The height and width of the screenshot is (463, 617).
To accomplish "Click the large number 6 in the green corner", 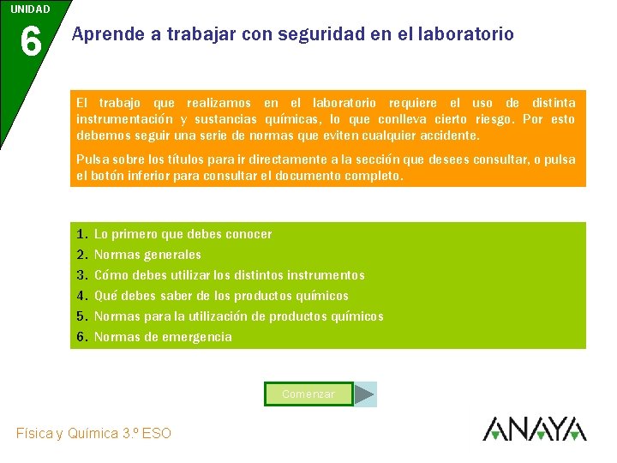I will click(30, 41).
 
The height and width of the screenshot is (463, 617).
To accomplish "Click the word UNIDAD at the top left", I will click(30, 9).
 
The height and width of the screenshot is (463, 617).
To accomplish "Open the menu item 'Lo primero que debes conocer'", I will click(183, 234).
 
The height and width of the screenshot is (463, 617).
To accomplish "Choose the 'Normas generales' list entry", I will click(147, 255).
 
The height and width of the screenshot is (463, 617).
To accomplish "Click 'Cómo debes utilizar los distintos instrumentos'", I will click(229, 275).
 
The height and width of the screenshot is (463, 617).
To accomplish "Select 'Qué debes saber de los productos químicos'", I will click(221, 296).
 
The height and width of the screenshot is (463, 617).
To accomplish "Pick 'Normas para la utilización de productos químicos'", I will click(238, 316).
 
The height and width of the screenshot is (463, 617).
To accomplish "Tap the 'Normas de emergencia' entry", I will click(163, 337).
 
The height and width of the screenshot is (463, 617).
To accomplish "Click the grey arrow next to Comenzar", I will click(365, 394).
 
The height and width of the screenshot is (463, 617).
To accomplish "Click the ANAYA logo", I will click(534, 429).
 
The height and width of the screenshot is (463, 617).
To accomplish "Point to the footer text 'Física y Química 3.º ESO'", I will click(93, 434).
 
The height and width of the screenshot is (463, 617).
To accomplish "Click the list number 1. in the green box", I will click(81, 234).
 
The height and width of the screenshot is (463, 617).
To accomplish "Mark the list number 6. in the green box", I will click(81, 337).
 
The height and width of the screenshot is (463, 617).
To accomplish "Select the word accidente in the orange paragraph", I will click(447, 135).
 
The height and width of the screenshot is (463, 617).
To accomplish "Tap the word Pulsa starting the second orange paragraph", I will click(93, 159).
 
